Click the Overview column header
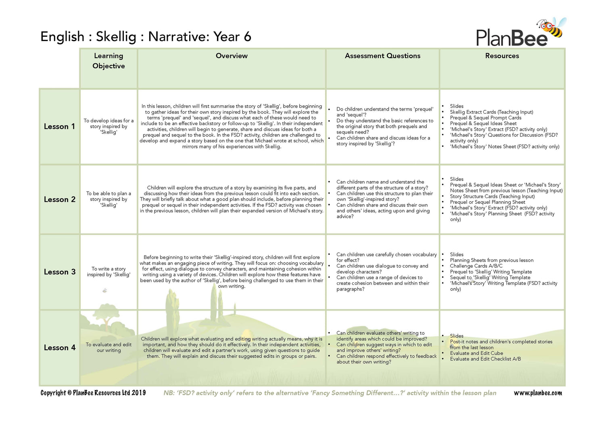(232, 56)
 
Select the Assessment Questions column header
(382, 56)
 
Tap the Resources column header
(502, 56)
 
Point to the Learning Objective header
(108, 61)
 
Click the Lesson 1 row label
(59, 127)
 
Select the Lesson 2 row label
(60, 200)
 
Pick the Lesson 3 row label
(60, 272)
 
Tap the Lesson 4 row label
(60, 348)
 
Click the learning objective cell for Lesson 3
(108, 272)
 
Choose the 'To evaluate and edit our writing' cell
(108, 348)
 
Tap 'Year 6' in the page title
(232, 37)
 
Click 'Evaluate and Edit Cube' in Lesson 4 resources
(476, 353)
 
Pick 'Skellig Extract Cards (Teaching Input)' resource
(491, 112)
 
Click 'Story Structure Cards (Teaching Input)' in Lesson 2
(492, 196)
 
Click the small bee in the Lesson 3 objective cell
(105, 290)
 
